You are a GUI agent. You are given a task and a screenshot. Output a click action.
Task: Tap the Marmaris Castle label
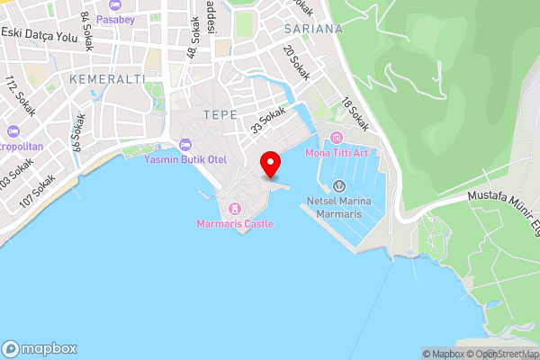pyautogui.click(x=236, y=223)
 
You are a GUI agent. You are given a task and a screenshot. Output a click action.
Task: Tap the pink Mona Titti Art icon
pyautogui.click(x=337, y=138)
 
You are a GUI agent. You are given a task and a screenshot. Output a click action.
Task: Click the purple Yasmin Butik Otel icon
pyautogui.click(x=186, y=144)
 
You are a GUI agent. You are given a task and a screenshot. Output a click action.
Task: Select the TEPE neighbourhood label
pyautogui.click(x=220, y=114)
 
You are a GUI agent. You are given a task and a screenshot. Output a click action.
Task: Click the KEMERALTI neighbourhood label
pyautogui.click(x=106, y=80)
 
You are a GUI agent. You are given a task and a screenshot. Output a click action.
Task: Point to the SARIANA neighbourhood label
pyautogui.click(x=313, y=29)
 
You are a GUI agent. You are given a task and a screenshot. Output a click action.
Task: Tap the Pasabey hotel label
pyautogui.click(x=116, y=18)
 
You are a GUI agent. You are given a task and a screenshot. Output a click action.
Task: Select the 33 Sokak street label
pyautogui.click(x=268, y=121)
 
